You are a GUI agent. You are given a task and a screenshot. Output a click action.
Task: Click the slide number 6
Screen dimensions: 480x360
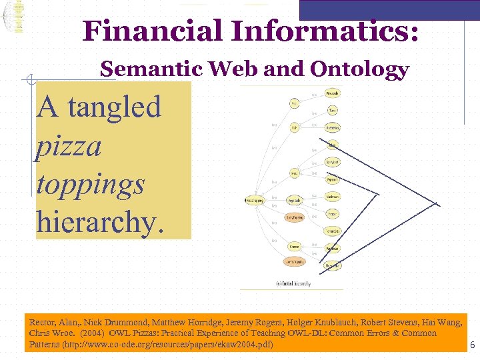coord(472,345)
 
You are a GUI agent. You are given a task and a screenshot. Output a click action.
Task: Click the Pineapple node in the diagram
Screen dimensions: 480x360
coord(333,93)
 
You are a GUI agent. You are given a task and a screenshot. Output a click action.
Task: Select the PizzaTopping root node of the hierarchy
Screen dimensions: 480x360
coord(254,200)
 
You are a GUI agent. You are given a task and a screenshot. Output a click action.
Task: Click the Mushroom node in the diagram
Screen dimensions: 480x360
coord(333,197)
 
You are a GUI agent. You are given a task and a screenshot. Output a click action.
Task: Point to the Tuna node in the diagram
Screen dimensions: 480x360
coord(333,110)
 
